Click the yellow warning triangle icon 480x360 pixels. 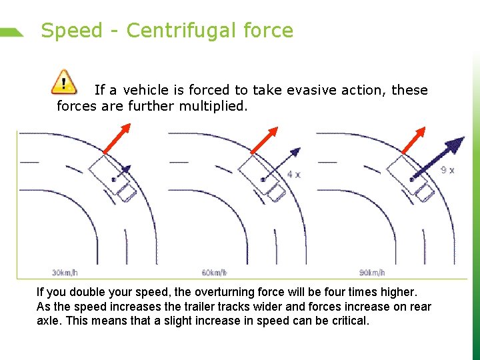coord(63,81)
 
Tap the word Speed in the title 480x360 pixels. coord(72,31)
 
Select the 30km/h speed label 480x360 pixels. coord(65,272)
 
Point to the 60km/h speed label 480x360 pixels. coord(214,272)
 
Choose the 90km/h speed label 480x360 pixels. coord(373,272)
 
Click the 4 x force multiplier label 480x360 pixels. coord(293,174)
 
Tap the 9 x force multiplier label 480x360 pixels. coord(448,170)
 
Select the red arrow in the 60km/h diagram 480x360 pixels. coord(265,141)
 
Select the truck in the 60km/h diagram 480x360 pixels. coord(264,177)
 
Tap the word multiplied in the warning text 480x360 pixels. coord(213,106)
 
